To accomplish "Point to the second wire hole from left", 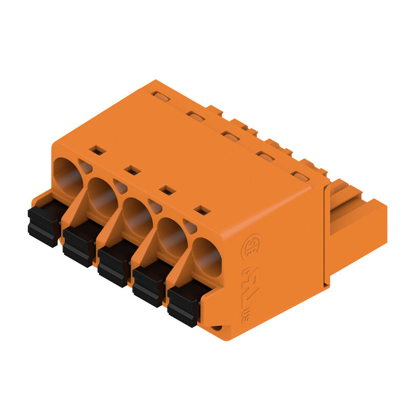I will point(102,196).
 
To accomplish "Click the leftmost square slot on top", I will point(97,150).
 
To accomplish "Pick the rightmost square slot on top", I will point(202,210).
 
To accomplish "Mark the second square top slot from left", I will point(133,170).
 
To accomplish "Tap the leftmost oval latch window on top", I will point(160,97).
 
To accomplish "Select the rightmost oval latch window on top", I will point(300,176).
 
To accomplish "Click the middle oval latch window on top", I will point(230,136).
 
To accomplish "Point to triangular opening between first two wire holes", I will point(86,167).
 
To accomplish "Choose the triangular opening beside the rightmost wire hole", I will point(190,227).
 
